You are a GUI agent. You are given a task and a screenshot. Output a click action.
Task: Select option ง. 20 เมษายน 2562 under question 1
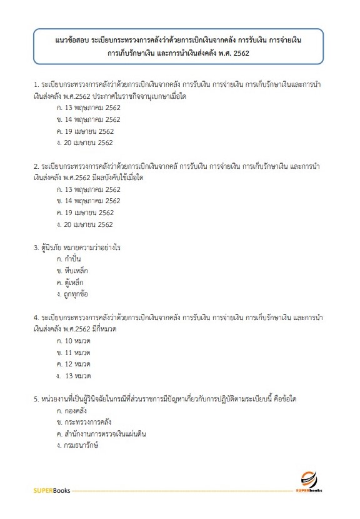[x=84, y=143]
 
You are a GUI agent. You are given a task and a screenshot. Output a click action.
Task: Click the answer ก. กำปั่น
[x=69, y=259]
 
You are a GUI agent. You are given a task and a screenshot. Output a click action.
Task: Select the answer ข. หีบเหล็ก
[x=72, y=271]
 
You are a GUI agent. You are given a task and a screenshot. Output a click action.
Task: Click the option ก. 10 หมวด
[x=74, y=341]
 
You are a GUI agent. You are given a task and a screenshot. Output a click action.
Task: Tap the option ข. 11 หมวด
[x=74, y=353]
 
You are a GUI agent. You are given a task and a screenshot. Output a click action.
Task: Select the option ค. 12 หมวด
[x=74, y=364]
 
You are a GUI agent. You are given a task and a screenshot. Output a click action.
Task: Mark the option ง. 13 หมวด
[x=74, y=376]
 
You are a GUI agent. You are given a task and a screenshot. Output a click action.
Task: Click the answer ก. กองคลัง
[x=71, y=410]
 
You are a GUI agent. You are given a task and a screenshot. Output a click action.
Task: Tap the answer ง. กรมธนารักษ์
[x=77, y=445]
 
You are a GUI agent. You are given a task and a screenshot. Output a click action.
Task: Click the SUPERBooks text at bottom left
[x=51, y=490]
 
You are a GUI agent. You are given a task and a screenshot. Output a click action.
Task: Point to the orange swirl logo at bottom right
[x=307, y=479]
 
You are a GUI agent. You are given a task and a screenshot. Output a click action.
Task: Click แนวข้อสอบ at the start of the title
[x=71, y=39]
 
